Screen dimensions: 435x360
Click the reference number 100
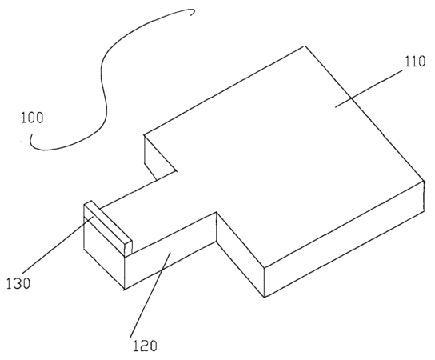[x=33, y=118]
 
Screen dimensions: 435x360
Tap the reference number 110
[x=415, y=62]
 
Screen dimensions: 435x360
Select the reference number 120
[x=145, y=346]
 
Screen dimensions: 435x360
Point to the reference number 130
[x=18, y=284]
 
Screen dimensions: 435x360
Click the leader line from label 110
[x=369, y=89]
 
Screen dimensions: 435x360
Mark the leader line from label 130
[x=58, y=245]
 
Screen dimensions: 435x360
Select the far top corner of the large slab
[x=305, y=46]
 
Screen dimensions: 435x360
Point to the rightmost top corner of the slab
[x=425, y=181]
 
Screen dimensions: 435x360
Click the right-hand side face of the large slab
[x=344, y=239]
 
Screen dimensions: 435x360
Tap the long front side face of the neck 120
[x=170, y=251]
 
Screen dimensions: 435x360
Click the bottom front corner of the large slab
[x=265, y=298]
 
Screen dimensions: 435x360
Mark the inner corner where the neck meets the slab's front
[x=217, y=212]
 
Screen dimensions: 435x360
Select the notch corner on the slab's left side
[x=176, y=170]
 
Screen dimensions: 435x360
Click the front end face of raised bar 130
[x=128, y=250]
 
